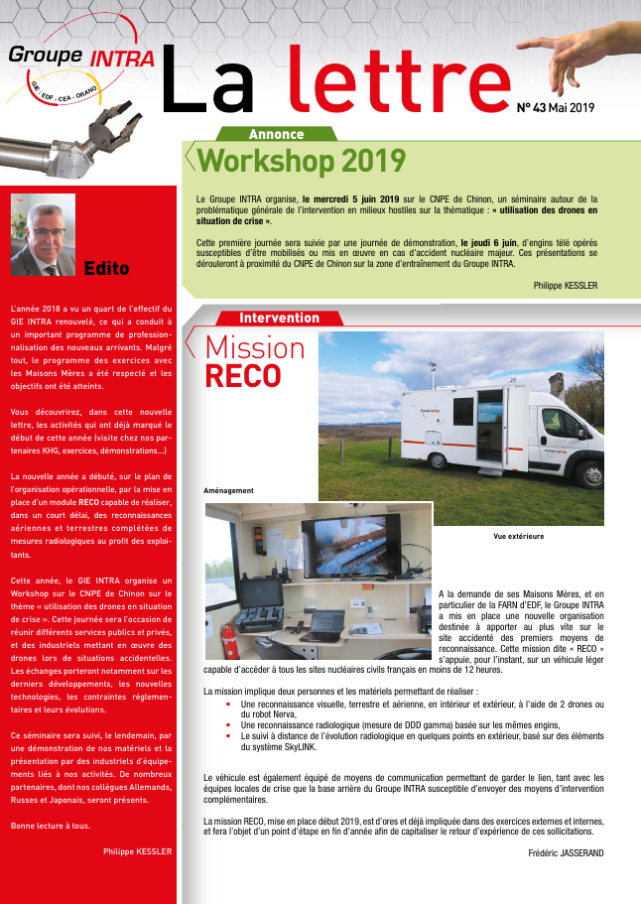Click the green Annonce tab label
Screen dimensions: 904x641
pos(276,134)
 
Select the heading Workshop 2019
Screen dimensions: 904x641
pos(302,160)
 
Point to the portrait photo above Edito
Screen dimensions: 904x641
pos(43,234)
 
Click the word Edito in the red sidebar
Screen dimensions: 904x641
pos(107,268)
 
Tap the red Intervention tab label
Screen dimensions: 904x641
pos(279,318)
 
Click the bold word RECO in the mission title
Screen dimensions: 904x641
pos(243,377)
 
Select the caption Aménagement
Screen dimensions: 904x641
pos(228,491)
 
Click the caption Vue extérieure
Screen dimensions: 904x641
pos(518,536)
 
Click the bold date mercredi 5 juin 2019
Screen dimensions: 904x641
pos(350,198)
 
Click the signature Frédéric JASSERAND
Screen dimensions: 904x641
pos(567,851)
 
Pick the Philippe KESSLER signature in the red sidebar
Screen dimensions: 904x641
pos(137,850)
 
